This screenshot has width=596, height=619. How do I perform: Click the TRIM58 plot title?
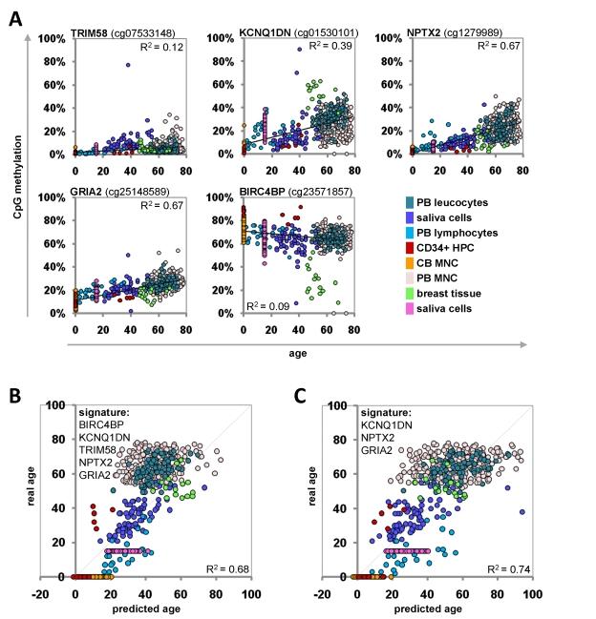[x=93, y=33]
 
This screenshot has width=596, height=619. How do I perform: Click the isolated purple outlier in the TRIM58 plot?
[x=127, y=65]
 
